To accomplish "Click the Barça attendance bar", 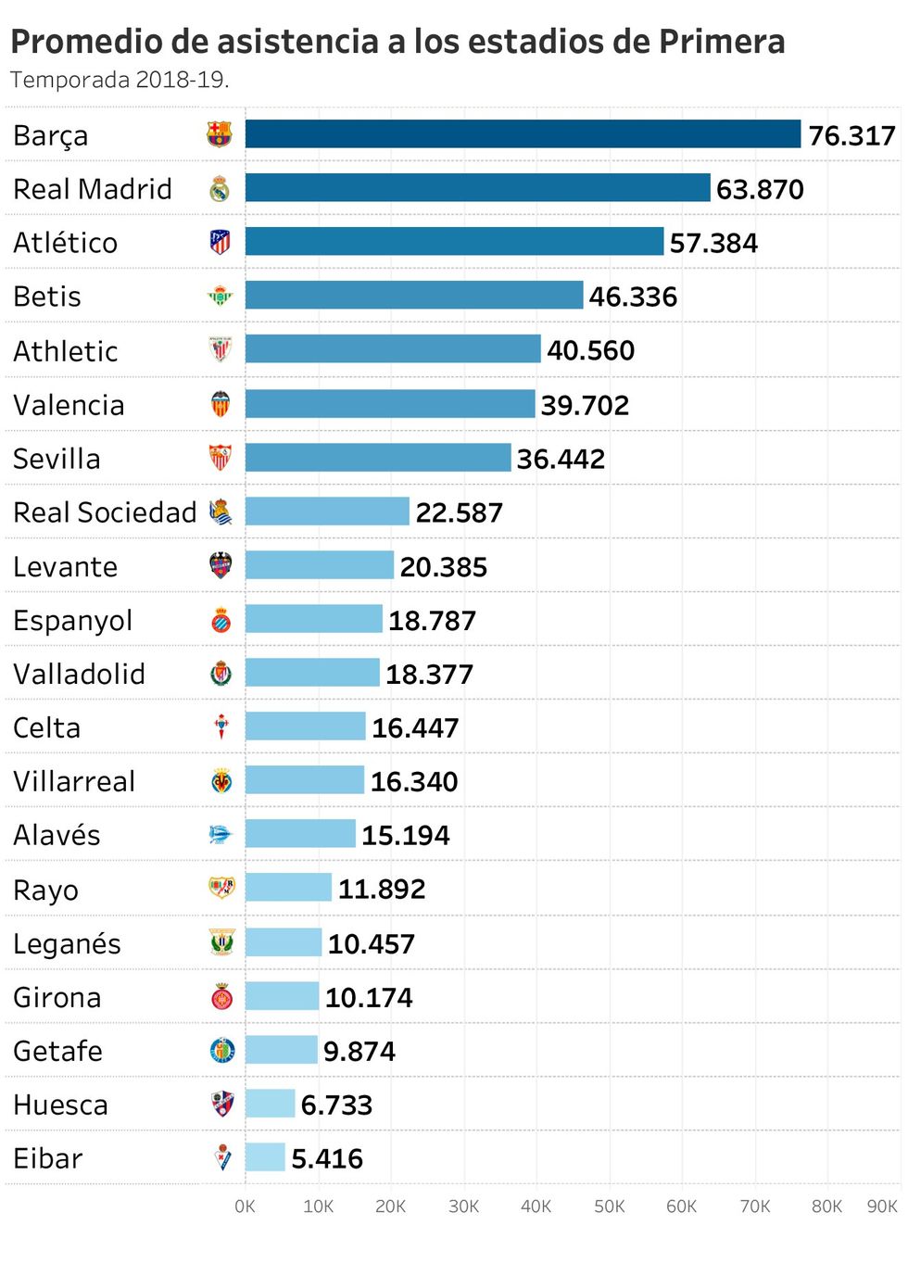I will click(523, 134).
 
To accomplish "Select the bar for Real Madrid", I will click(477, 188).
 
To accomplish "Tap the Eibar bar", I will click(265, 1157).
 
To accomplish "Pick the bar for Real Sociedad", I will click(327, 512).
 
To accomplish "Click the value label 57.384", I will click(713, 243).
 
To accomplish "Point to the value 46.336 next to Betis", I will click(633, 297).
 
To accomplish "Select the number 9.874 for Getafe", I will click(359, 1051).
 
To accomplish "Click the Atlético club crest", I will click(220, 243).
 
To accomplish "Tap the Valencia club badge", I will click(221, 404).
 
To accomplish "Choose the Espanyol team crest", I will click(221, 620).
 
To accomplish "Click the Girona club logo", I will click(221, 997).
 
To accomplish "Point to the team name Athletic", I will click(66, 351).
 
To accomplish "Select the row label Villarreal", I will click(74, 781).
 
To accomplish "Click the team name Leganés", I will click(67, 943).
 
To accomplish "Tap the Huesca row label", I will click(60, 1105).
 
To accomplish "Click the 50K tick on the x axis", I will click(609, 1206).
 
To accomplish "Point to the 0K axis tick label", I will click(245, 1206).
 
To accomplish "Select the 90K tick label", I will click(881, 1206).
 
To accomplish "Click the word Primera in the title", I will click(722, 42).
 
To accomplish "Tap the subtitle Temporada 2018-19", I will click(120, 80).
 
